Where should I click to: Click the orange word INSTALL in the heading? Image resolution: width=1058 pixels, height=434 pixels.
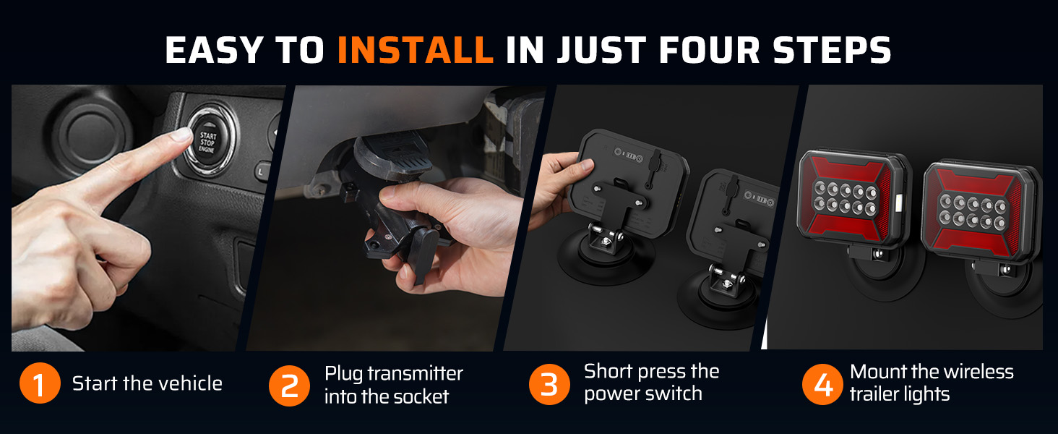click(x=416, y=50)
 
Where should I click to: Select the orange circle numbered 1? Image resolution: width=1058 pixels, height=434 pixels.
click(x=40, y=383)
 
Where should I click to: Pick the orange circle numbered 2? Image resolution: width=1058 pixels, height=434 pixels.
click(x=290, y=386)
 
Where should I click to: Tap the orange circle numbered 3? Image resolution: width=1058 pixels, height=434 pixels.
click(x=549, y=384)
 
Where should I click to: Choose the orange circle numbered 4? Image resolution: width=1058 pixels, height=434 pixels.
click(x=823, y=384)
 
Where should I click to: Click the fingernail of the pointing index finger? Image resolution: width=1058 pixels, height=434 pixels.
click(x=182, y=135)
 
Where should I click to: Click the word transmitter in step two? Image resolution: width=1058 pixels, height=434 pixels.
click(x=415, y=373)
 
